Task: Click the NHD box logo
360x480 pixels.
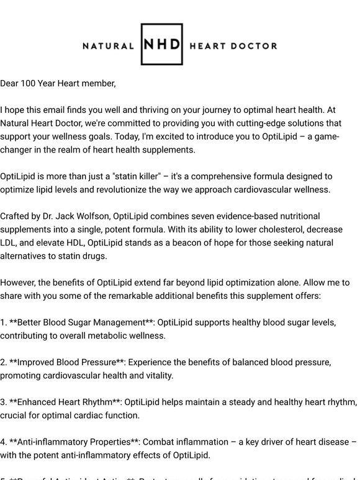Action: click(161, 45)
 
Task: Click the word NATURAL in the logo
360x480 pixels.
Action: click(109, 46)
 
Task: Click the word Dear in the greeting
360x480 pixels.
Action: click(9, 84)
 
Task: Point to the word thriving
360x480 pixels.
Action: click(150, 110)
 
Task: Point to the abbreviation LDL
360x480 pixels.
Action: click(9, 243)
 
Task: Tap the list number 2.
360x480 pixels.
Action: click(4, 363)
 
